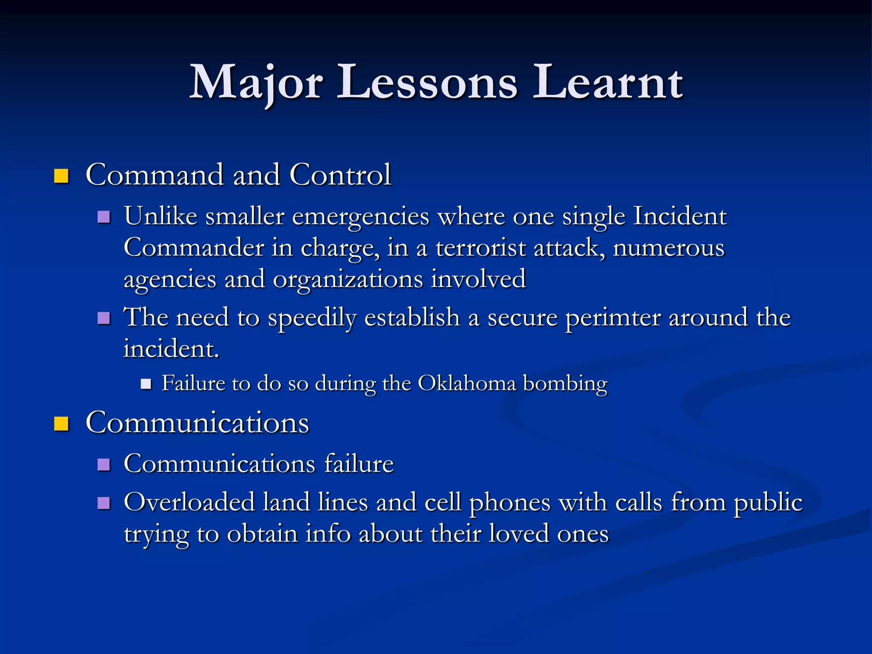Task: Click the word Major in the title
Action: [255, 83]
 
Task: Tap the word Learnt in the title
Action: [608, 83]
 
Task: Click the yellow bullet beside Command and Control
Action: [61, 176]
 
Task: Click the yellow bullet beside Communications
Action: [61, 424]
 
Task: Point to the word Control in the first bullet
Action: [340, 175]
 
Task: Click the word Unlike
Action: [161, 216]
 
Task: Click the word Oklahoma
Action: [467, 383]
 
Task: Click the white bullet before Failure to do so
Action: [146, 384]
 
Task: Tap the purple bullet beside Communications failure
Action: [104, 465]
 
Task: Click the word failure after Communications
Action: [359, 464]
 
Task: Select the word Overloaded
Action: [189, 502]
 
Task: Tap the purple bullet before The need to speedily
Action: [104, 318]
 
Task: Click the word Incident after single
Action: [680, 216]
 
